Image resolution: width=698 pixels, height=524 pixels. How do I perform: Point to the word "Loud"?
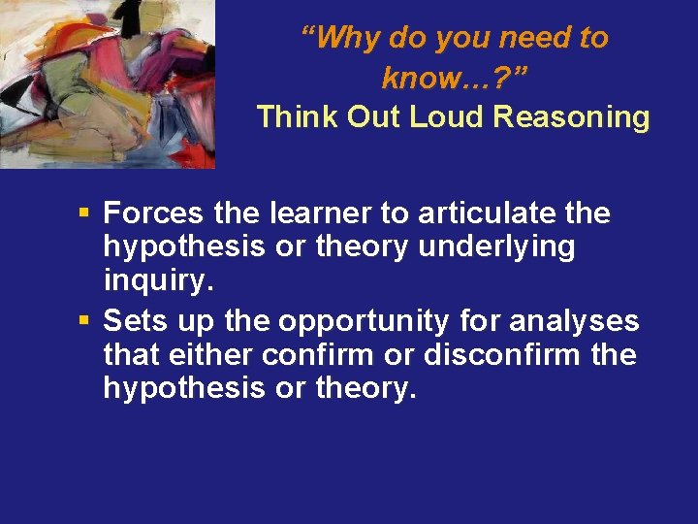click(446, 116)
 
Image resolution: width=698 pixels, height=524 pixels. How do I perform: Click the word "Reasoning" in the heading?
click(571, 116)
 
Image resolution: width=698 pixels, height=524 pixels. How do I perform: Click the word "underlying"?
click(496, 247)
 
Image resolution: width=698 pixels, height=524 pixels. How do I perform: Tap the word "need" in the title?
click(530, 38)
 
